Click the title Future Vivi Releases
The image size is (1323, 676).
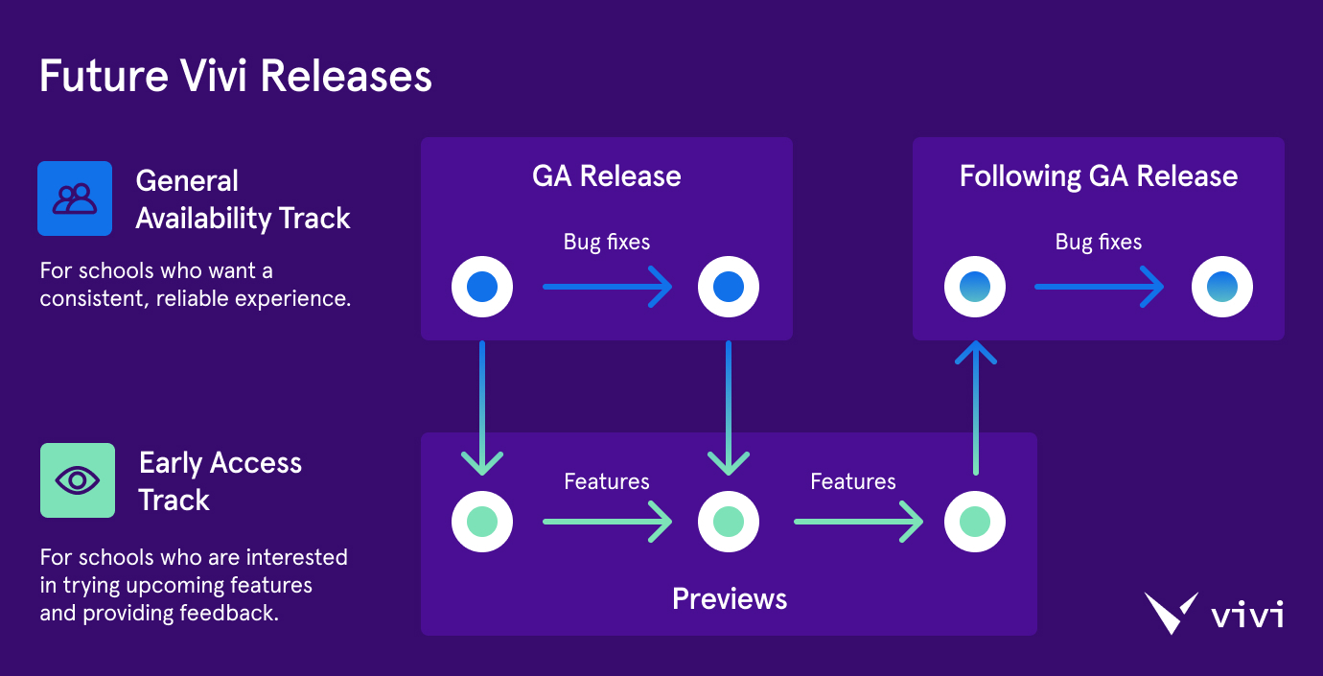tap(235, 77)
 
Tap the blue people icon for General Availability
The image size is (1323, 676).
tap(75, 198)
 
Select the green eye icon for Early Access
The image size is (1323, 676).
tap(78, 480)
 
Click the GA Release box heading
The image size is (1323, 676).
tap(606, 176)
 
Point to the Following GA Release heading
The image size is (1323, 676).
tap(1098, 176)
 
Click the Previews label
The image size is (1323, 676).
tap(729, 599)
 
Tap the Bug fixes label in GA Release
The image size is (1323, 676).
tap(606, 243)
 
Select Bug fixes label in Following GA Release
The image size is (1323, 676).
tap(1098, 243)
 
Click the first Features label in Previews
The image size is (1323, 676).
tap(606, 481)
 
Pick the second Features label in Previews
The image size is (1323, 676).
tap(852, 481)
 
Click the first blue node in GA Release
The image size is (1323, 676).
tap(482, 287)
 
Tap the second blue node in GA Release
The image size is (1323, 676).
tap(729, 287)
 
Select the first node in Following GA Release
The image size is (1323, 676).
tap(975, 287)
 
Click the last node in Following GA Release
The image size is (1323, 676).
tap(1221, 287)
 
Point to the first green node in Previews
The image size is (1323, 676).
tap(482, 522)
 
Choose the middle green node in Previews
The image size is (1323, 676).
tap(729, 522)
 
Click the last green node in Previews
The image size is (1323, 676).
tap(975, 522)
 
